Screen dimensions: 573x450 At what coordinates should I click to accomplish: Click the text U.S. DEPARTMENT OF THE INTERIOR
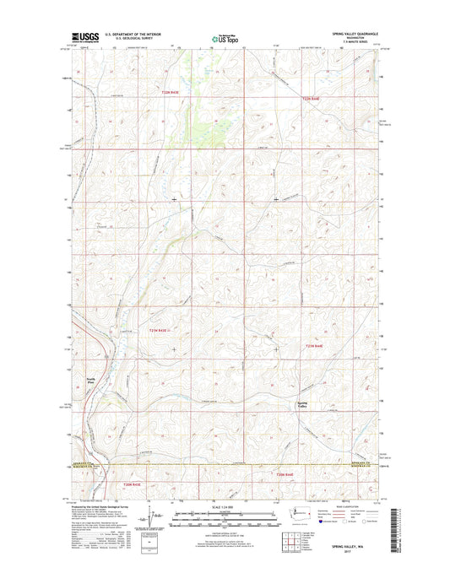tap(131, 33)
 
